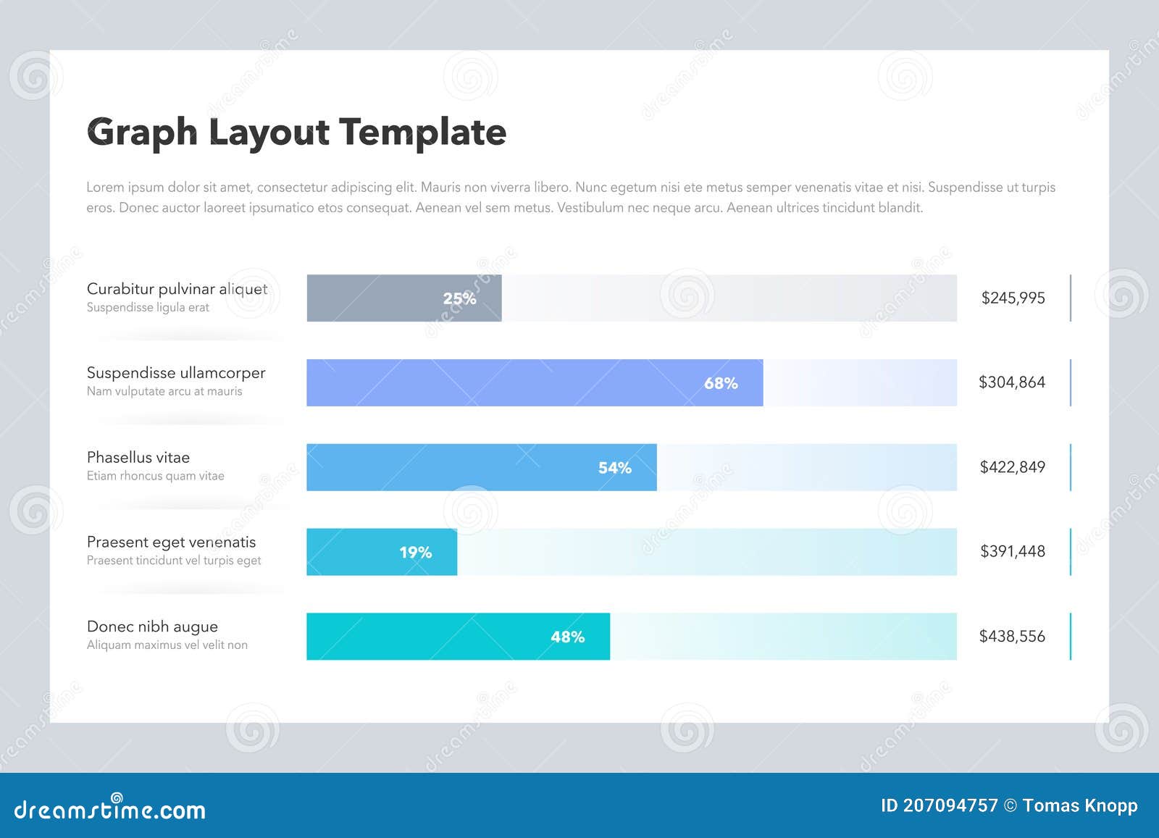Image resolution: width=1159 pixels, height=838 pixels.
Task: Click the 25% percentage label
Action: (x=459, y=298)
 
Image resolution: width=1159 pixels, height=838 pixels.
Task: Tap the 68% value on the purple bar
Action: (x=721, y=383)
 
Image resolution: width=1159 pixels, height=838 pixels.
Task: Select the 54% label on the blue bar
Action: (x=614, y=468)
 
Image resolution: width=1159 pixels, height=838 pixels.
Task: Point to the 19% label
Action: (x=415, y=553)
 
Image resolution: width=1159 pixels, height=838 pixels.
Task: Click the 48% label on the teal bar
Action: (x=567, y=637)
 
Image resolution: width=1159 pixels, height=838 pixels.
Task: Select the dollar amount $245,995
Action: (x=1013, y=298)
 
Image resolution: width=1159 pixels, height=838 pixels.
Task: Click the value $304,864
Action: (x=1011, y=382)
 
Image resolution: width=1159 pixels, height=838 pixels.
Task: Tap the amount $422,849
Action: (x=1012, y=467)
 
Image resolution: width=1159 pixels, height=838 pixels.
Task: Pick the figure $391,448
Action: (x=1012, y=551)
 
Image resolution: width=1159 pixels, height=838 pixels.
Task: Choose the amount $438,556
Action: (x=1012, y=636)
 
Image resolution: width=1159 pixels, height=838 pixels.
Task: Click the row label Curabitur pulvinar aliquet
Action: (x=177, y=289)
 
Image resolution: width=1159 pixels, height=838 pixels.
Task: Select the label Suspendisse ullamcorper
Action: (x=176, y=373)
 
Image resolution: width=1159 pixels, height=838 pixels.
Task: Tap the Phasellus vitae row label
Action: (x=138, y=458)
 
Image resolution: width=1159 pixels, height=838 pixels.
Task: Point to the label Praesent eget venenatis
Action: (x=171, y=542)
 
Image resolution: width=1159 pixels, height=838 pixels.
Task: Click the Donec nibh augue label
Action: (x=152, y=627)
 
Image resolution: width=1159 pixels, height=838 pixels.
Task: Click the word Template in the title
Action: (x=423, y=132)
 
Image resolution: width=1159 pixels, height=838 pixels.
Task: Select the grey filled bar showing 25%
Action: (x=377, y=298)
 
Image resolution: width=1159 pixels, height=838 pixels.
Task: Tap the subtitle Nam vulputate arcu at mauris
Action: (x=164, y=392)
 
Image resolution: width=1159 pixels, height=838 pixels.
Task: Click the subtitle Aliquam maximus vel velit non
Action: (x=167, y=645)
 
